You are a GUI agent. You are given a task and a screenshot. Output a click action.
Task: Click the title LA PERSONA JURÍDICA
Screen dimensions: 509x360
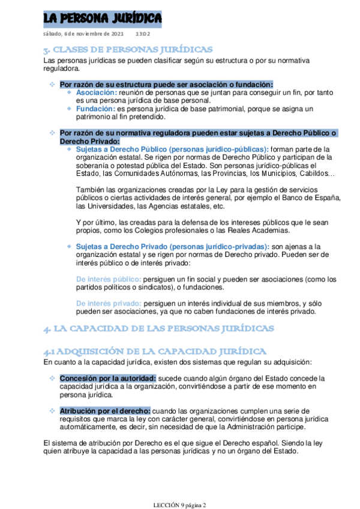pos(102,19)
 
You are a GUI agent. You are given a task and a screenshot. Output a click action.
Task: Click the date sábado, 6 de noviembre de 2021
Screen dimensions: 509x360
pos(83,34)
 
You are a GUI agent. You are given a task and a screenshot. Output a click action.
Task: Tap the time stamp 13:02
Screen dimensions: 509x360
pos(143,34)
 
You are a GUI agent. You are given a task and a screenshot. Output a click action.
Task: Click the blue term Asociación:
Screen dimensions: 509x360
pos(97,93)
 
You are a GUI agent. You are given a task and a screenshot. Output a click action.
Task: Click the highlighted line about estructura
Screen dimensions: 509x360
pos(166,85)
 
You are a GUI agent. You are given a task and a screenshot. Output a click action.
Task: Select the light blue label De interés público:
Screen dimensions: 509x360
pos(109,279)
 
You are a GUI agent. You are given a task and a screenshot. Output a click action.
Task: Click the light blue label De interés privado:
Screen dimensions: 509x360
pos(109,304)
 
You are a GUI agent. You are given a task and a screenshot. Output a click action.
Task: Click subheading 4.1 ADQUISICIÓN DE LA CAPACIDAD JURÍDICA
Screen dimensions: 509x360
pos(155,351)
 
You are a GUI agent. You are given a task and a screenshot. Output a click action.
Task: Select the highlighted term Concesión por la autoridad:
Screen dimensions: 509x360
pos(107,378)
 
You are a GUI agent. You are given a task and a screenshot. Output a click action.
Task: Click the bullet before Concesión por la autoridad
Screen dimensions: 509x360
pos(52,378)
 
